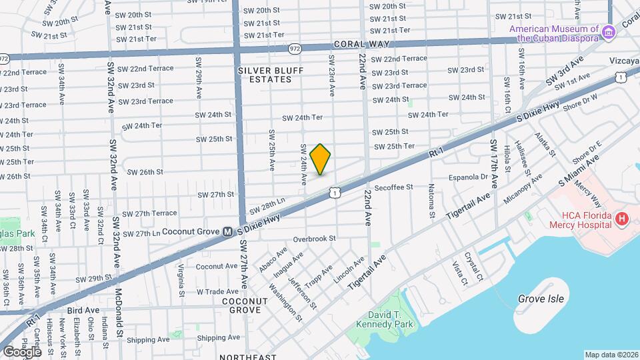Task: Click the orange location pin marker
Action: (x=320, y=159)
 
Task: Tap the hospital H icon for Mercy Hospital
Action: (x=621, y=219)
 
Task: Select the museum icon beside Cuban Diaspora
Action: (x=607, y=31)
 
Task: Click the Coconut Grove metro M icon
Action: (x=227, y=231)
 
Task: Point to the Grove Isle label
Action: (x=541, y=299)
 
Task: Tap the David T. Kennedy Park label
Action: (x=391, y=319)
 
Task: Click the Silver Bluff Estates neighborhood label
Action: (x=269, y=75)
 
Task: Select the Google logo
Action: (x=22, y=351)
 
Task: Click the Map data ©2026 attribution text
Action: (x=611, y=355)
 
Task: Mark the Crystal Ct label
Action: (x=474, y=265)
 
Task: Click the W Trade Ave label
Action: (x=217, y=291)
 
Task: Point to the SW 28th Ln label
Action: (x=267, y=205)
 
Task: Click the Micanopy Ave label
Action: (x=523, y=189)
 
